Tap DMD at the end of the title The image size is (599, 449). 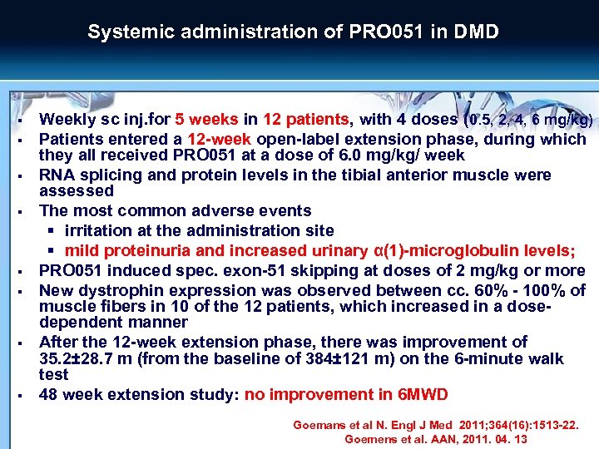click(x=475, y=32)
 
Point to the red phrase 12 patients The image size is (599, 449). click(x=307, y=120)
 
